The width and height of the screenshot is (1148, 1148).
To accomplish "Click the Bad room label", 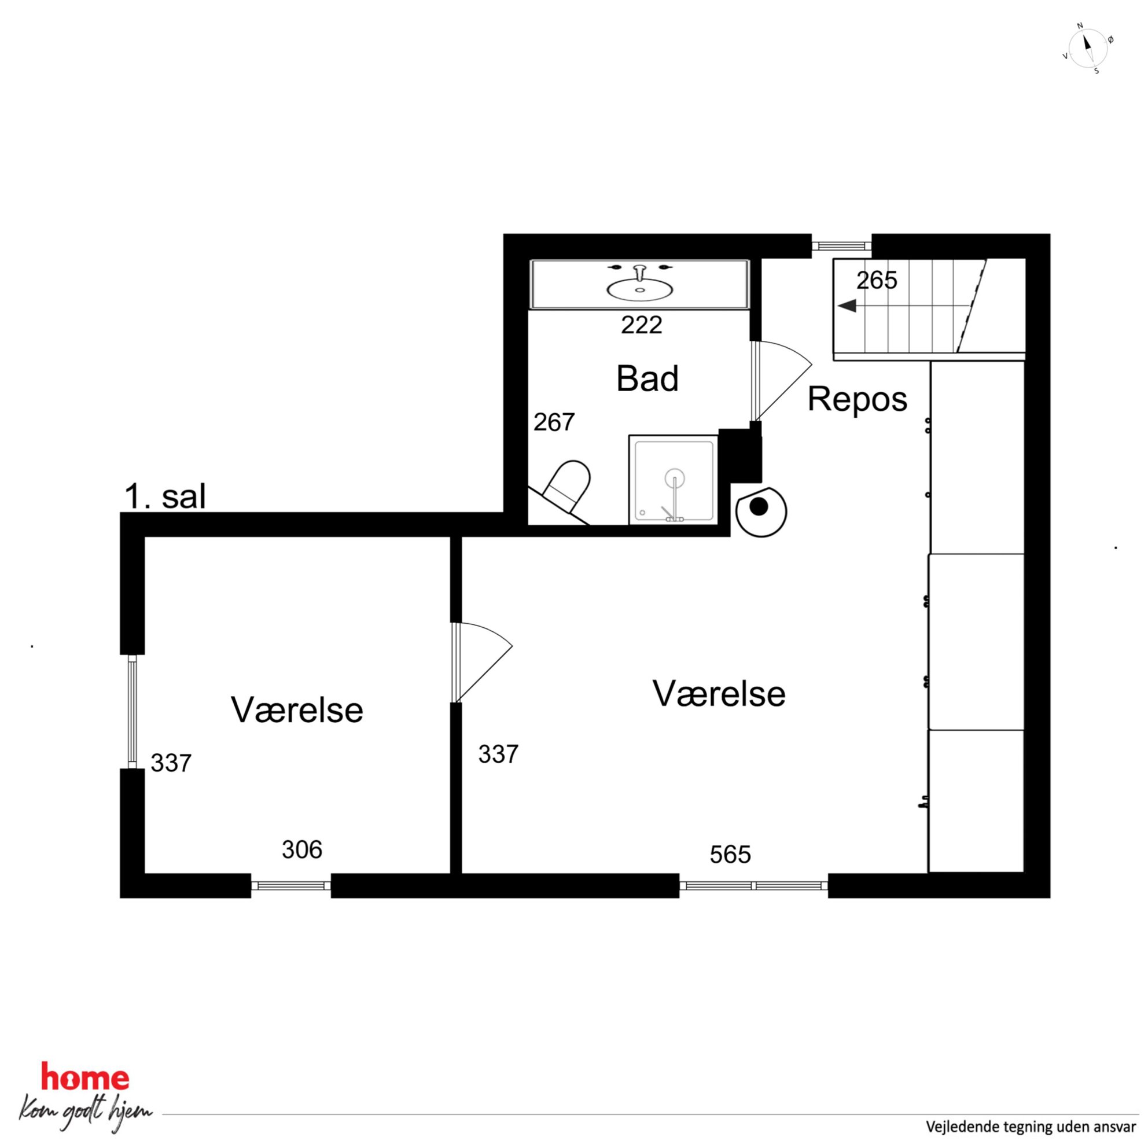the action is [647, 378].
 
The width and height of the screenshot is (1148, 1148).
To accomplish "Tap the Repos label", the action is [857, 399].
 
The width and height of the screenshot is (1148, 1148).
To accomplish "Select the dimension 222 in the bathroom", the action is [641, 325].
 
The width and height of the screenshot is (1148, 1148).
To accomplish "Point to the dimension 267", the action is [554, 422].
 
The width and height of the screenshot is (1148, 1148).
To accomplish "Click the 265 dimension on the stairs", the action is [877, 280].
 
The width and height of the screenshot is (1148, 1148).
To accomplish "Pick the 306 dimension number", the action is [302, 849].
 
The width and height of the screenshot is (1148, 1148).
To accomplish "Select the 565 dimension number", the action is [730, 855].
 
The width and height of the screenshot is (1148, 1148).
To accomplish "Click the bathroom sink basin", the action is [640, 288].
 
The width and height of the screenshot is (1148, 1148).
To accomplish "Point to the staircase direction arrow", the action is [847, 306].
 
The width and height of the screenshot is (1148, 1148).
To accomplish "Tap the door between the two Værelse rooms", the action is [481, 663].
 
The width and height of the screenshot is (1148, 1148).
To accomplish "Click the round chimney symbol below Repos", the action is [761, 512].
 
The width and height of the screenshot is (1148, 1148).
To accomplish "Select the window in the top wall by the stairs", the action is [841, 245].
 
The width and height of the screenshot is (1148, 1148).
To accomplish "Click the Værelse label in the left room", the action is [296, 710].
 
